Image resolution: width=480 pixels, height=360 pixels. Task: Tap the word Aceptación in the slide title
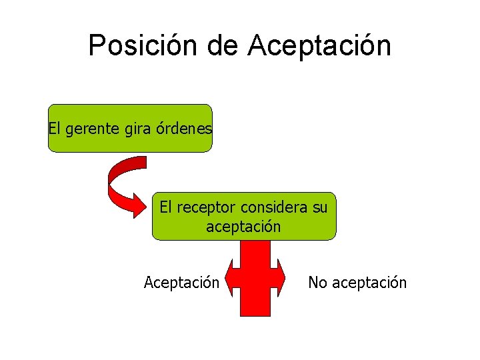pyautogui.click(x=319, y=45)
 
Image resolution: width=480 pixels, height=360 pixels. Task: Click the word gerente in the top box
pyautogui.click(x=93, y=128)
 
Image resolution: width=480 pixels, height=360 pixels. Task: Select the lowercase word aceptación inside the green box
pyautogui.click(x=243, y=227)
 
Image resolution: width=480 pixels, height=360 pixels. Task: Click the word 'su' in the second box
pyautogui.click(x=320, y=207)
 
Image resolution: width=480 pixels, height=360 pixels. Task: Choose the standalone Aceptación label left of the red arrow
pyautogui.click(x=181, y=283)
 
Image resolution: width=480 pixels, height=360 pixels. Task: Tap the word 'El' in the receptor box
pyautogui.click(x=166, y=207)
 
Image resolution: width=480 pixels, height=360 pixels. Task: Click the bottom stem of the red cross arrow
pyautogui.click(x=255, y=305)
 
